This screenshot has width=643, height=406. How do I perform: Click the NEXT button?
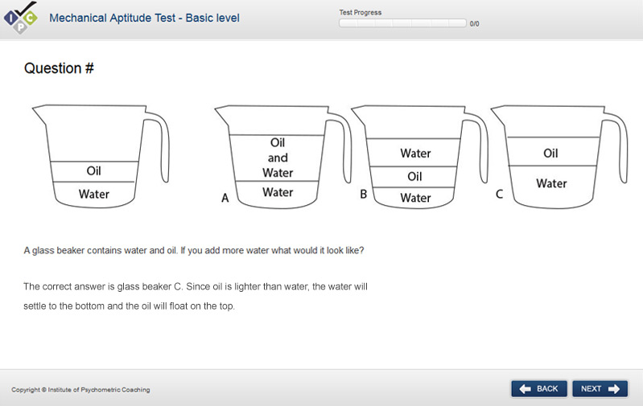tap(600, 389)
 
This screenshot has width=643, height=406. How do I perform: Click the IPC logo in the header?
tap(20, 18)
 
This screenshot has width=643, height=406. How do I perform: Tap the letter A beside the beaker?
tap(225, 198)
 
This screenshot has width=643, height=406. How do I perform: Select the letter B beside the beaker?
tap(363, 194)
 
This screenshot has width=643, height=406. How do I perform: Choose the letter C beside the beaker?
tap(499, 194)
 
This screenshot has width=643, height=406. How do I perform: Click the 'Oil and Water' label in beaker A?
tap(278, 158)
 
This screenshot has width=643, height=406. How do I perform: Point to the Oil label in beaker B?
tap(414, 177)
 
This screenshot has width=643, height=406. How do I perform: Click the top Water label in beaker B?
tap(415, 154)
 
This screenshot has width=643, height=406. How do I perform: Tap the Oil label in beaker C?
tap(550, 154)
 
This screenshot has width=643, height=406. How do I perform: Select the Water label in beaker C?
tap(551, 183)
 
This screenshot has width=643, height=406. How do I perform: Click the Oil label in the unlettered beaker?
tap(93, 170)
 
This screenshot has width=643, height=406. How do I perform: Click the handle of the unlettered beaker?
tap(164, 146)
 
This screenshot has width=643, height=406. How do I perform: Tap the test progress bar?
tap(402, 23)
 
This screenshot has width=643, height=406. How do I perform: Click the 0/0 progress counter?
tap(475, 24)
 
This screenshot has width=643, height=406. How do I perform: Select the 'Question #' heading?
tap(59, 68)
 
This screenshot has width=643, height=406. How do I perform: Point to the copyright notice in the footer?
tap(80, 390)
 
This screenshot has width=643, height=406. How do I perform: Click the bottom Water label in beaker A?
tap(278, 192)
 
